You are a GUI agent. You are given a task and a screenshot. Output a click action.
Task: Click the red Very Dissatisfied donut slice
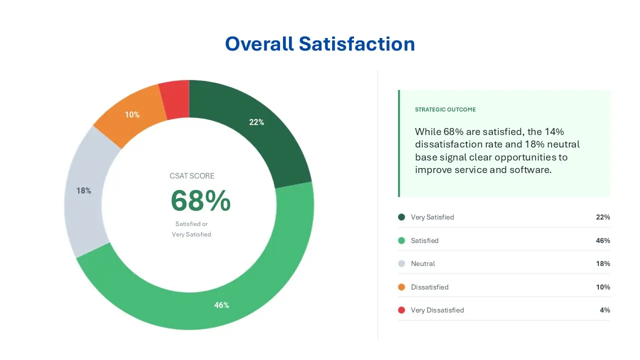[x=175, y=100]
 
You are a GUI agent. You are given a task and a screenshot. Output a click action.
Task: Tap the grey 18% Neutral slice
[x=84, y=190]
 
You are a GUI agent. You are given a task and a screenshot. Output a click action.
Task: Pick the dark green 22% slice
[x=256, y=122]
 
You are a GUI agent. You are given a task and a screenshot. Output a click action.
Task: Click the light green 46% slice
[x=221, y=304]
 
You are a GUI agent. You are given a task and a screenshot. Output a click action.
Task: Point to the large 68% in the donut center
[x=200, y=201]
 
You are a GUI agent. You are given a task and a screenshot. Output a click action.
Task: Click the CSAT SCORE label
[x=192, y=176]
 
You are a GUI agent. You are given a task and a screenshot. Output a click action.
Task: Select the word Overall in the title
[x=259, y=44]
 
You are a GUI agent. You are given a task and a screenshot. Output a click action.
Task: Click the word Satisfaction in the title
[x=357, y=44]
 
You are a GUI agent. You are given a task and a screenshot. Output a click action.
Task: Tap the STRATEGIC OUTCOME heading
[x=445, y=109]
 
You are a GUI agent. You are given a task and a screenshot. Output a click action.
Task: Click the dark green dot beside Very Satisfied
[x=401, y=217]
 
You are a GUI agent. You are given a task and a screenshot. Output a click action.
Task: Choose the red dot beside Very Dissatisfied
[x=401, y=310]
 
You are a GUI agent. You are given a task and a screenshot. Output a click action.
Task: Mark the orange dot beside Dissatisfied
[x=401, y=287]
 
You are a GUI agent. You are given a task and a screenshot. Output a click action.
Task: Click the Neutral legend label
[x=423, y=263]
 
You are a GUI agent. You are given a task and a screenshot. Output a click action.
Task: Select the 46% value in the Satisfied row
[x=603, y=240]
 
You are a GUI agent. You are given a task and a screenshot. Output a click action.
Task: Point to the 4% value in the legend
[x=605, y=310]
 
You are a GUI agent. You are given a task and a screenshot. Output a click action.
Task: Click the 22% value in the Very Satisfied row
[x=603, y=217]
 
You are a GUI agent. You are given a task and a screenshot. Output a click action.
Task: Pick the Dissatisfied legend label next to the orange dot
[x=429, y=287]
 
